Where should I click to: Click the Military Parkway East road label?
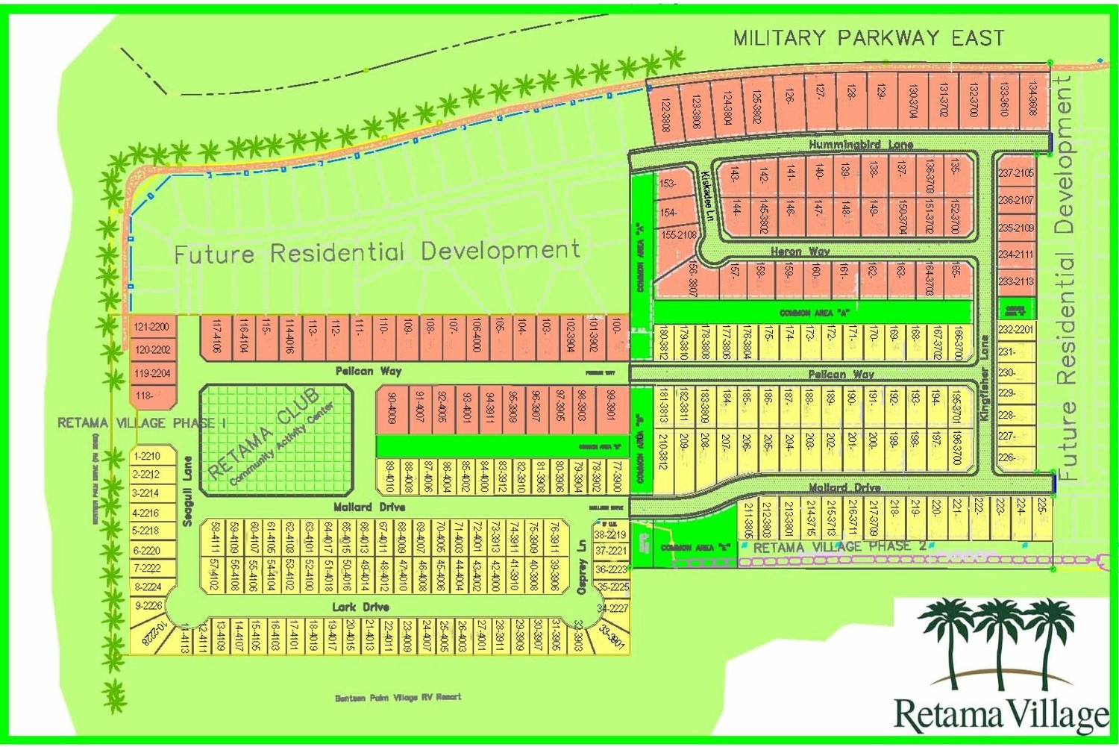(x=868, y=37)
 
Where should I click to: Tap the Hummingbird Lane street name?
(x=861, y=144)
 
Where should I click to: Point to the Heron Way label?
(x=800, y=251)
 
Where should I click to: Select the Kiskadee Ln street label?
(x=707, y=196)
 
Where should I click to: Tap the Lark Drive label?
(x=360, y=607)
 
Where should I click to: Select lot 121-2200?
(x=151, y=327)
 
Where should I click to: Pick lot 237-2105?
(x=1016, y=173)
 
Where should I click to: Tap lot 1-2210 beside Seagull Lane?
(x=146, y=456)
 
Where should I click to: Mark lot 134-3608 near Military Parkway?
(x=1032, y=98)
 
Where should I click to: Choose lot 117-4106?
(x=216, y=337)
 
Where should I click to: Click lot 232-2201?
(x=1016, y=330)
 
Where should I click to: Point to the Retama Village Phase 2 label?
(x=839, y=547)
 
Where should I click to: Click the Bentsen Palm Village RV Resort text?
(x=398, y=697)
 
